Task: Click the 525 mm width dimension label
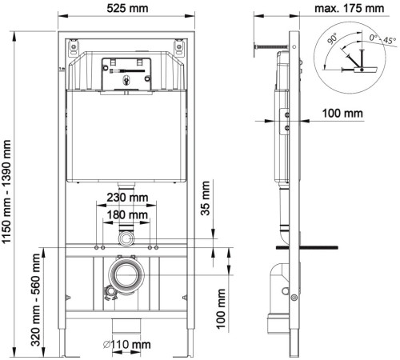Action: pos(127,8)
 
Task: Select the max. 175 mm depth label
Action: pos(349,8)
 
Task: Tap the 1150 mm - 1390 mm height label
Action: pos(6,191)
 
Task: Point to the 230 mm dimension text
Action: pos(127,198)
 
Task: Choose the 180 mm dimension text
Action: pos(127,214)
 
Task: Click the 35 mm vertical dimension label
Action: pos(206,198)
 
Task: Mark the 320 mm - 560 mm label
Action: pos(35,300)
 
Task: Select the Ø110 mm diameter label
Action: pos(127,345)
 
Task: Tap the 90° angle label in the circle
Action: pos(333,38)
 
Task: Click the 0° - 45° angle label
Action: pos(382,39)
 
